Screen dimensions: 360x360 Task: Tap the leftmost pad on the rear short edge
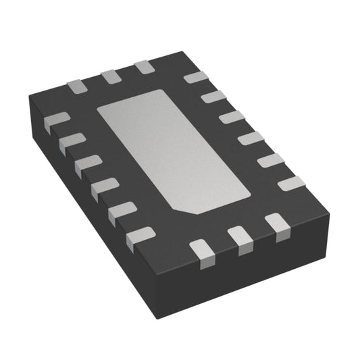point(76,86)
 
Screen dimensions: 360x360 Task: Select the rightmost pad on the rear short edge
point(145,68)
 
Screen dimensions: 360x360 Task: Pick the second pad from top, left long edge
point(71,142)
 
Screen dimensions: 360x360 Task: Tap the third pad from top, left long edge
point(88,164)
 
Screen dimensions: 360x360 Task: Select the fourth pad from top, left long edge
point(104,186)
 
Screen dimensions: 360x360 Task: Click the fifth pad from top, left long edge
point(122,211)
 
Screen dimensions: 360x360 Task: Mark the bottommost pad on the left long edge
point(140,236)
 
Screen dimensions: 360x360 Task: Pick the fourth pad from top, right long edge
point(251,138)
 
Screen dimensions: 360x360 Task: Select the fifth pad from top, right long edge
point(270,160)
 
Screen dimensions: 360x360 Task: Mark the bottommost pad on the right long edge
point(291,183)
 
